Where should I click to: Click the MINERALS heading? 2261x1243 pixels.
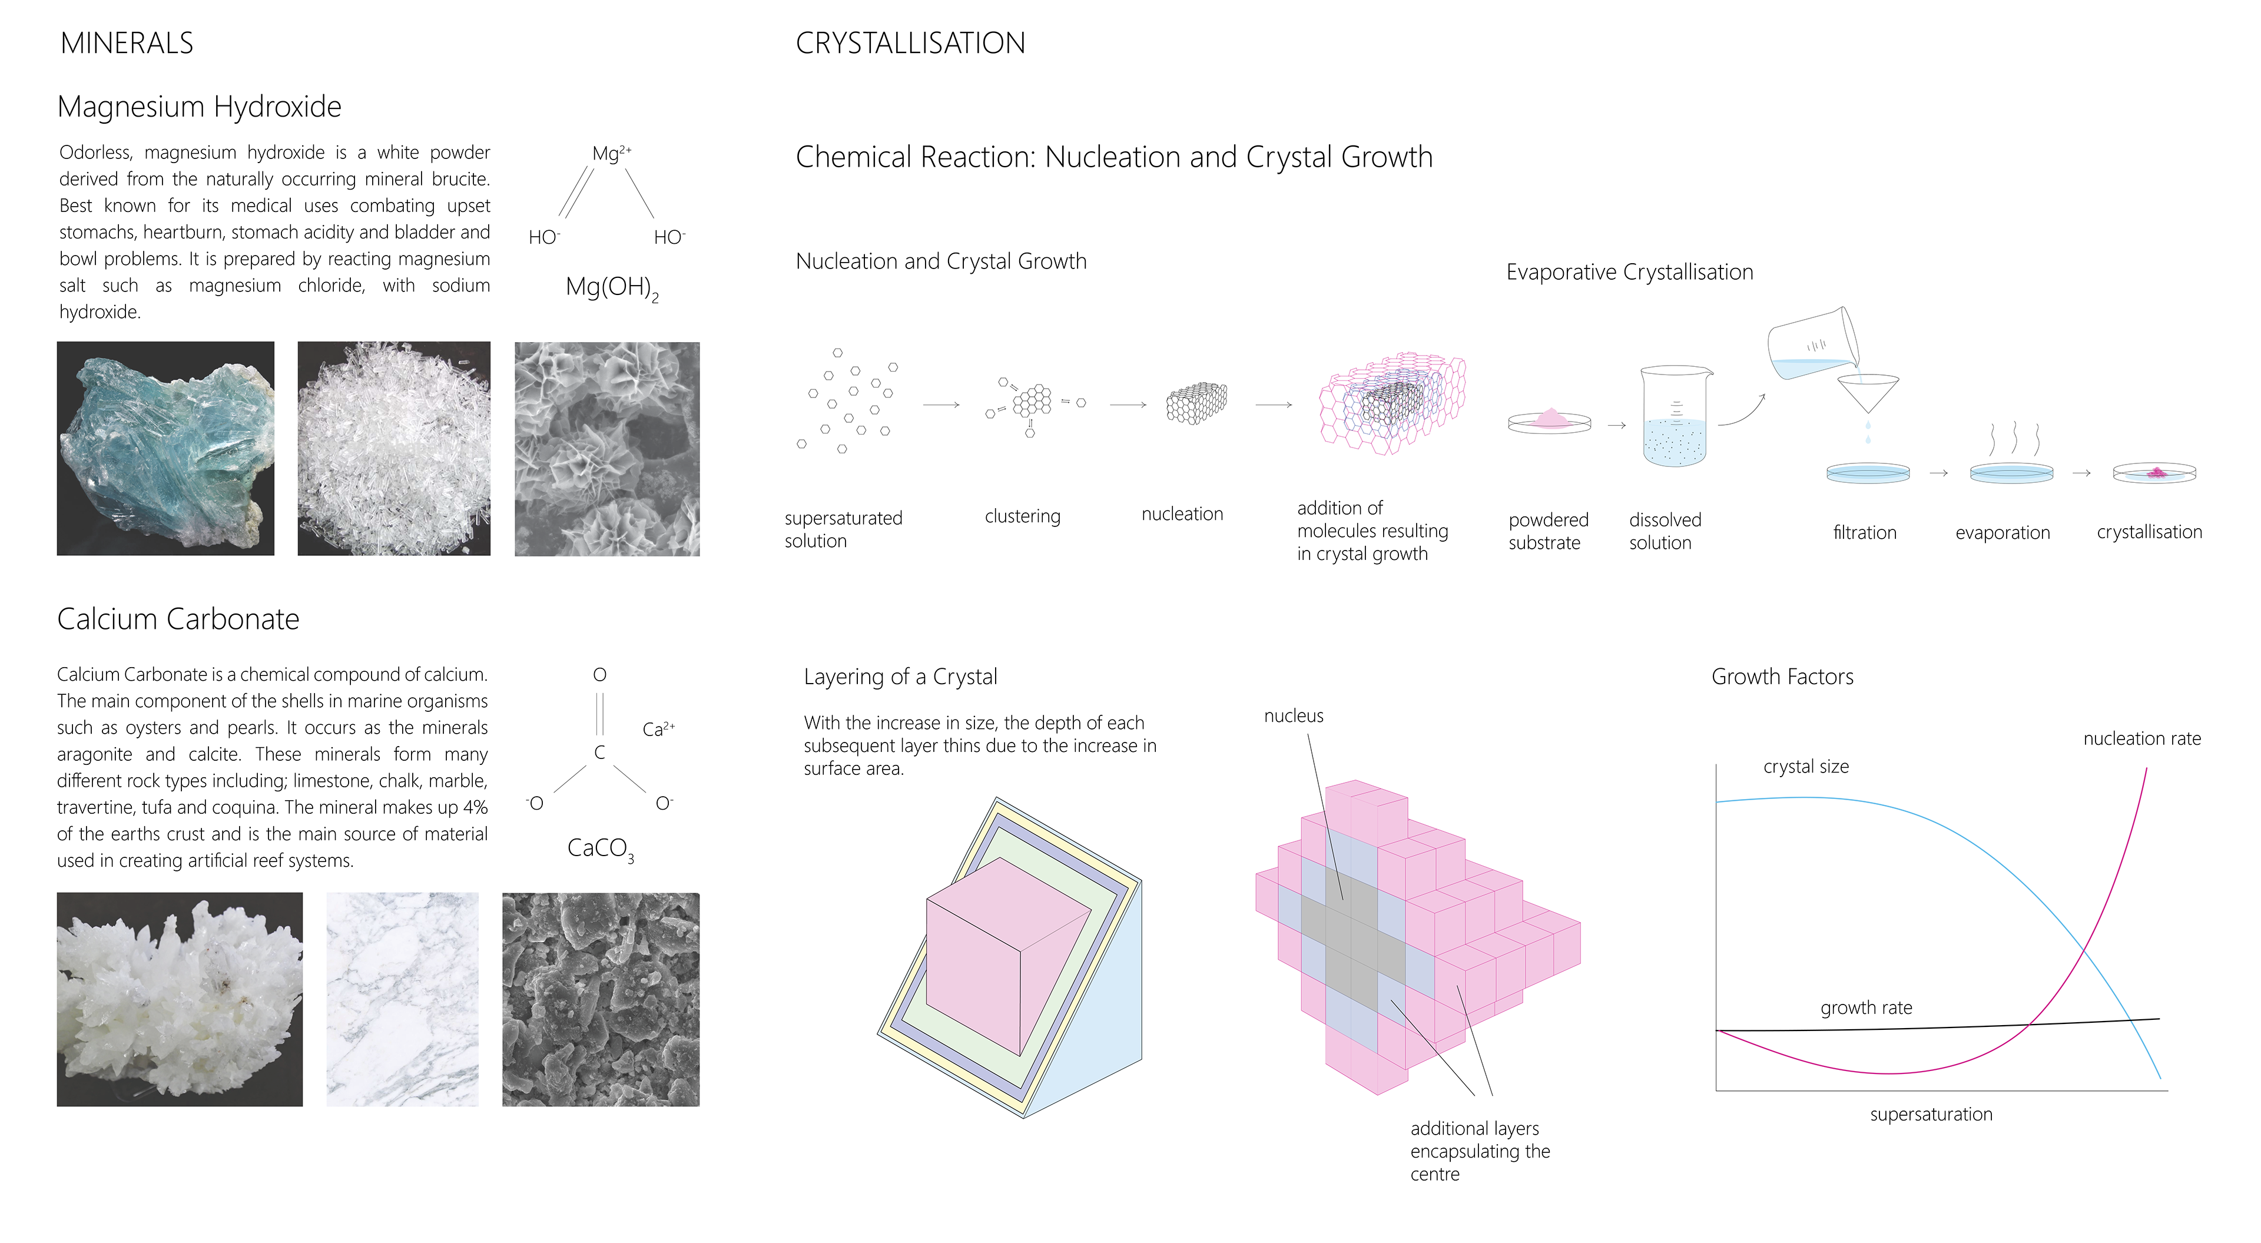[127, 43]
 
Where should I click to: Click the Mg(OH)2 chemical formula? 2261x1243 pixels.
[612, 288]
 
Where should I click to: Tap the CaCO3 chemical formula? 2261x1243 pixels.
[601, 849]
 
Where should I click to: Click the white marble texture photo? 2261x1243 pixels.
[403, 999]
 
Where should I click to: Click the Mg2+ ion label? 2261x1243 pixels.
[612, 154]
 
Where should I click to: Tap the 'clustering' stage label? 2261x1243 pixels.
[1023, 516]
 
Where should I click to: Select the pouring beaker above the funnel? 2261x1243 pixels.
[1812, 343]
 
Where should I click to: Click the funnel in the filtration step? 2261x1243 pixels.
[1868, 392]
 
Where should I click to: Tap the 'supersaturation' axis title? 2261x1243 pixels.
[1931, 1115]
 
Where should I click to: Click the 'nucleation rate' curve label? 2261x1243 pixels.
[2141, 739]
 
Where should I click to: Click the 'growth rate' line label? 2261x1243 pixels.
[1866, 1007]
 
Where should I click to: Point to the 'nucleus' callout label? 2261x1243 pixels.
[1294, 717]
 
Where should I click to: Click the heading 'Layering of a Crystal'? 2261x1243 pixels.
[900, 677]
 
